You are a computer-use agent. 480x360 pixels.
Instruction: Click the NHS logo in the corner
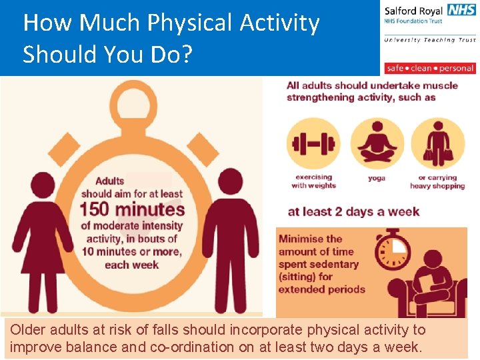[462, 10]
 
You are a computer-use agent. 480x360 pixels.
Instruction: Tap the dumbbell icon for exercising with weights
[313, 144]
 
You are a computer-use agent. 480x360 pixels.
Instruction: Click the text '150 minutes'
[131, 209]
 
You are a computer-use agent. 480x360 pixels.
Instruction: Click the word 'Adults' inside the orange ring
[109, 181]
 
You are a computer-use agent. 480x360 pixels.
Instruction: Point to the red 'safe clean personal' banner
[430, 68]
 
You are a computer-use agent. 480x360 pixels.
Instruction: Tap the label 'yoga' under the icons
[377, 179]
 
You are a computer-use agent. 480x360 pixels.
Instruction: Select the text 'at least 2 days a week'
[353, 212]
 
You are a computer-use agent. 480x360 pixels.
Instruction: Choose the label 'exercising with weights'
[313, 181]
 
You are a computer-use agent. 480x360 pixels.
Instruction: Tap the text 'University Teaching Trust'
[429, 40]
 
